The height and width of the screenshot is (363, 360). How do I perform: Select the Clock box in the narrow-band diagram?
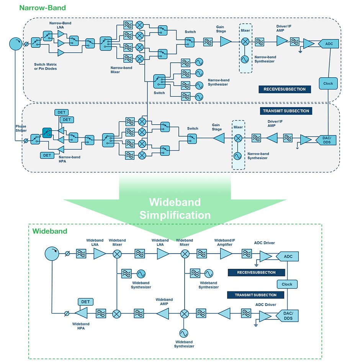click(x=328, y=83)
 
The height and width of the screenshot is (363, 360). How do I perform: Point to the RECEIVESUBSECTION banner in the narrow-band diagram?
click(x=285, y=89)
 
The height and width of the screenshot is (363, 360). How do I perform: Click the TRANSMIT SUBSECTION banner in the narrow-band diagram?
click(x=286, y=111)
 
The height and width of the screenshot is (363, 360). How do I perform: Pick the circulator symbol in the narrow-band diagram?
click(x=16, y=44)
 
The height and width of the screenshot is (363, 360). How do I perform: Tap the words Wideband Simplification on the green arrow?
click(x=175, y=208)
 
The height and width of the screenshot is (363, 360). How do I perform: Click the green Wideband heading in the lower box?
click(x=50, y=231)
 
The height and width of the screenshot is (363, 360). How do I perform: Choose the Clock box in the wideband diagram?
click(x=287, y=284)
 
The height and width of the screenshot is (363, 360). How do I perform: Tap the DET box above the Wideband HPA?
click(x=85, y=302)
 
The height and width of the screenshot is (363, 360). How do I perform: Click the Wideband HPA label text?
click(x=81, y=326)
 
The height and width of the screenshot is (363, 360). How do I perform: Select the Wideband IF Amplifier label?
click(x=225, y=243)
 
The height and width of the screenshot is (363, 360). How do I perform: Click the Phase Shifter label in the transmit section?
click(x=21, y=129)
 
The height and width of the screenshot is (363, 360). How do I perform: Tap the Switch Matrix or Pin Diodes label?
click(x=45, y=67)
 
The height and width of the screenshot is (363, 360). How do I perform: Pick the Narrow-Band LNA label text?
click(x=60, y=25)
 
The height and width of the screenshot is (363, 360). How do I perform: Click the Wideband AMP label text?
click(x=164, y=302)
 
